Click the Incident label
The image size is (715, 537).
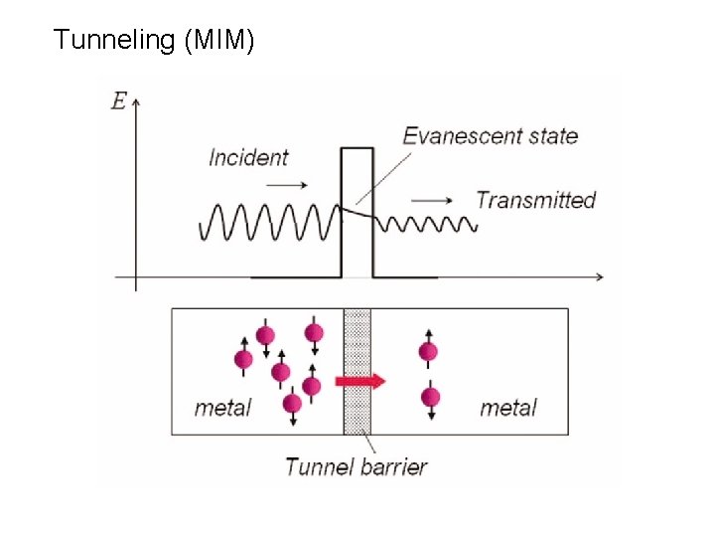[x=248, y=157]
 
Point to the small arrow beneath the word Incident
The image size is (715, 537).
[x=289, y=185]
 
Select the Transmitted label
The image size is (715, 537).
[x=535, y=200]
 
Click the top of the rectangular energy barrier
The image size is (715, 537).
[x=357, y=148]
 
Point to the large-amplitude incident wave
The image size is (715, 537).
[x=268, y=222]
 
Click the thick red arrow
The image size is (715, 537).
[x=360, y=380]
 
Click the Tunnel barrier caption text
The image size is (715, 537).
[x=356, y=465]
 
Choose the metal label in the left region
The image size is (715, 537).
[x=222, y=408]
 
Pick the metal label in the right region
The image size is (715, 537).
[x=507, y=408]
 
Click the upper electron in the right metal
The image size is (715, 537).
[x=429, y=351]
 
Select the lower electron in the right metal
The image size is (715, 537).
[x=430, y=398]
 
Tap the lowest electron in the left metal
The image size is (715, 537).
[x=292, y=403]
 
